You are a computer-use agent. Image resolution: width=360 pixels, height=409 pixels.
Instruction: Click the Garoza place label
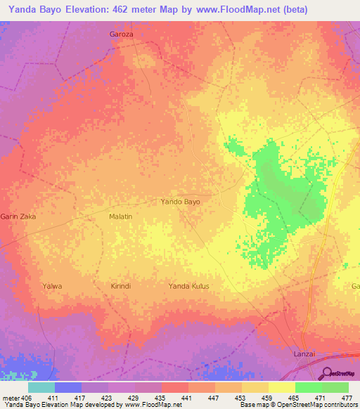pyautogui.click(x=121, y=34)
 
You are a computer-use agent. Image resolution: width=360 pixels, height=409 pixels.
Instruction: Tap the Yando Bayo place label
pyautogui.click(x=181, y=202)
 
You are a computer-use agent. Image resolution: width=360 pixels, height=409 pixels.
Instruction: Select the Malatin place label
pyautogui.click(x=120, y=217)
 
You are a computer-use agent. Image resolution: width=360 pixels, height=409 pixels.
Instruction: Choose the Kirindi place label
pyautogui.click(x=121, y=286)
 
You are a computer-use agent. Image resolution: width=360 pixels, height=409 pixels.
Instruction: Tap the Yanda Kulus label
pyautogui.click(x=188, y=286)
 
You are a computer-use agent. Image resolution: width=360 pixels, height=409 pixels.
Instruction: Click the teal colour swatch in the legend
pyautogui.click(x=41, y=387)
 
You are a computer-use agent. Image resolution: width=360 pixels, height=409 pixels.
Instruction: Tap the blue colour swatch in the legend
pyautogui.click(x=68, y=387)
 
